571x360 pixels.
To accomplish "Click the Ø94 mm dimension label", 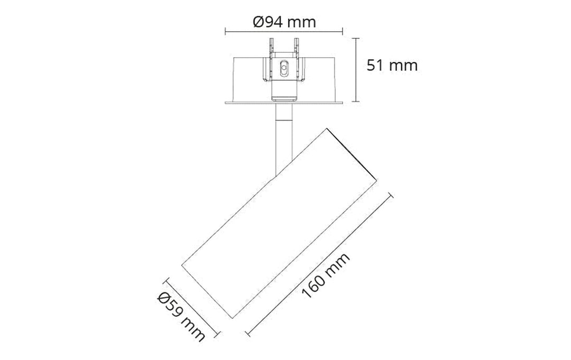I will pos(284,22).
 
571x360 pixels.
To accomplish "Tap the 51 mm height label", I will pos(392,66).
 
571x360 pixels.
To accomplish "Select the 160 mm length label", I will pos(326,275).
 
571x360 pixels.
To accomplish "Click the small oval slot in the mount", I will pos(284,68).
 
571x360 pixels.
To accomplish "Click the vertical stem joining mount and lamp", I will pos(284,137).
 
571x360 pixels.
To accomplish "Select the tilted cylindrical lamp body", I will pos(280,222).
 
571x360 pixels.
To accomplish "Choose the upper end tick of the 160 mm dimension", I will pos(391,196).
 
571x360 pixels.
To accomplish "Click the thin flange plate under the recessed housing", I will pos(284,101).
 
